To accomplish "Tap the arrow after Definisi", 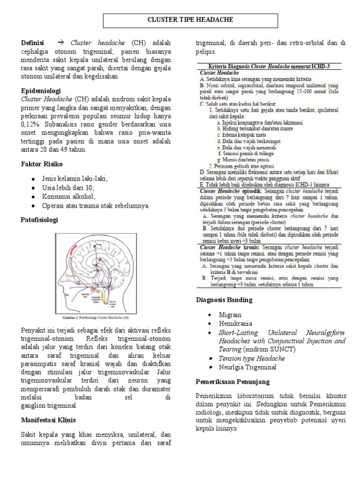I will click(x=60, y=43).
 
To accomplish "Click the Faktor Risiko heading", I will click(x=42, y=165).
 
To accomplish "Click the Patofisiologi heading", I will click(x=40, y=219).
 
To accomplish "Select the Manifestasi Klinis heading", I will click(x=49, y=420).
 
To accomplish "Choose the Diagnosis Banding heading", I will click(x=224, y=300).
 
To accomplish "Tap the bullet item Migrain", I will click(x=229, y=315).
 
